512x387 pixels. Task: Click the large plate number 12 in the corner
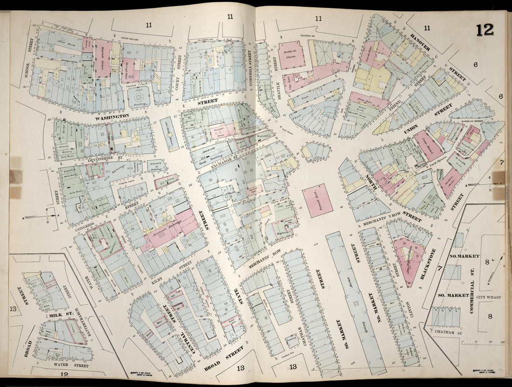pos(485,30)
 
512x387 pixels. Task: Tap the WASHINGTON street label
pos(113,116)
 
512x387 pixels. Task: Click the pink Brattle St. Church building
pos(292,54)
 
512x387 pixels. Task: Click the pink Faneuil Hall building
pos(318,200)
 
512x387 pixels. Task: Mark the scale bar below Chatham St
pos(482,343)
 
